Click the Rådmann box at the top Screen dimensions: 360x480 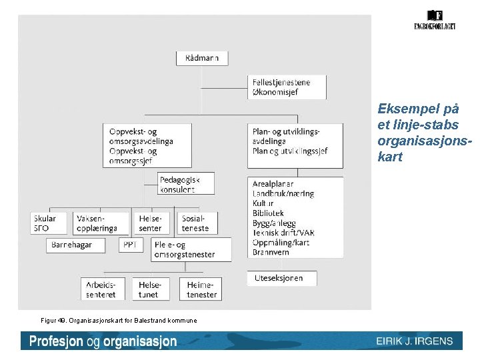tap(202, 58)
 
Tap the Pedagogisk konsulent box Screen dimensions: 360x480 tap(186, 184)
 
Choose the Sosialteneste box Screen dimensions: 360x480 tap(196, 223)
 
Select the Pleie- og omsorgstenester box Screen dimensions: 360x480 tap(191, 249)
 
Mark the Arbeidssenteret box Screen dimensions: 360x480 tap(101, 289)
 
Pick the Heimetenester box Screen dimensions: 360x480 tap(201, 289)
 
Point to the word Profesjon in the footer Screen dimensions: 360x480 tap(56, 341)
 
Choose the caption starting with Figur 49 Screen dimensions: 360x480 tap(119, 321)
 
